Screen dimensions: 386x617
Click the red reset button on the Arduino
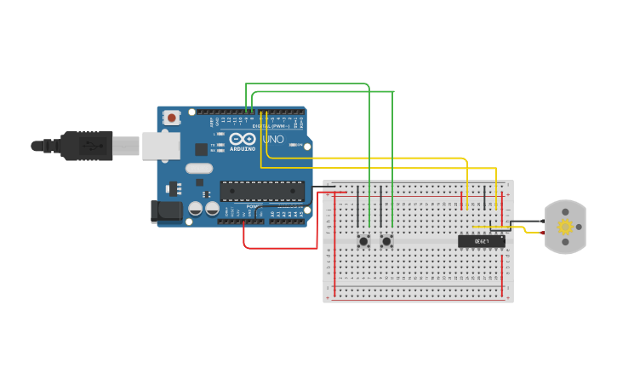coord(172,118)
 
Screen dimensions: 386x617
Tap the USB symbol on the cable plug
coord(88,146)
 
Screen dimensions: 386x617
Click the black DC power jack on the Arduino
coord(164,211)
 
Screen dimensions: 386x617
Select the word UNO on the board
coord(272,139)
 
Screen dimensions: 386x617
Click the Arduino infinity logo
coord(242,139)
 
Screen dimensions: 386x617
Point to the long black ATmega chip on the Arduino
coord(261,191)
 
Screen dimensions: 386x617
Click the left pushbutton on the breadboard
coord(363,241)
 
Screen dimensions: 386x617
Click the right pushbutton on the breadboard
coord(386,241)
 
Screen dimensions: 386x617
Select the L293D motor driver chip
coord(481,241)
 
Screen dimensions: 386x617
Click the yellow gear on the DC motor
coord(565,227)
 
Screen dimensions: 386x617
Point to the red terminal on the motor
coord(545,233)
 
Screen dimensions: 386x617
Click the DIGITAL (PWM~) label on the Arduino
coord(270,126)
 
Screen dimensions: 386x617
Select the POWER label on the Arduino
coord(253,205)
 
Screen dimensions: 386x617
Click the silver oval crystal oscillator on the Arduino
coord(198,168)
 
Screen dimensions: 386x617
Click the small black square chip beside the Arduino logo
coord(201,149)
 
